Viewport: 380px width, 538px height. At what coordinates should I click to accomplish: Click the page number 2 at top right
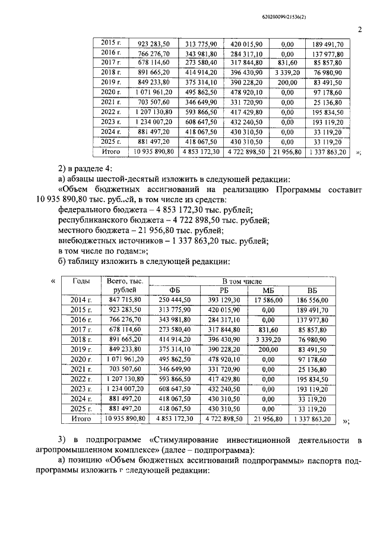(360, 30)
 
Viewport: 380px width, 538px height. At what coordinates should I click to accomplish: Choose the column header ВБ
(312, 290)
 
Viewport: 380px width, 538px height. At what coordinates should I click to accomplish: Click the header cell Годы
(81, 281)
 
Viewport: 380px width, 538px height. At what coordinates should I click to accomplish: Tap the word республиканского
(97, 220)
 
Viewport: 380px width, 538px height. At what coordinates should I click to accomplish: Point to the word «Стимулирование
(194, 441)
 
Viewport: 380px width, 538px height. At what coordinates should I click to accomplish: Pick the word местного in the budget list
(77, 231)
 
